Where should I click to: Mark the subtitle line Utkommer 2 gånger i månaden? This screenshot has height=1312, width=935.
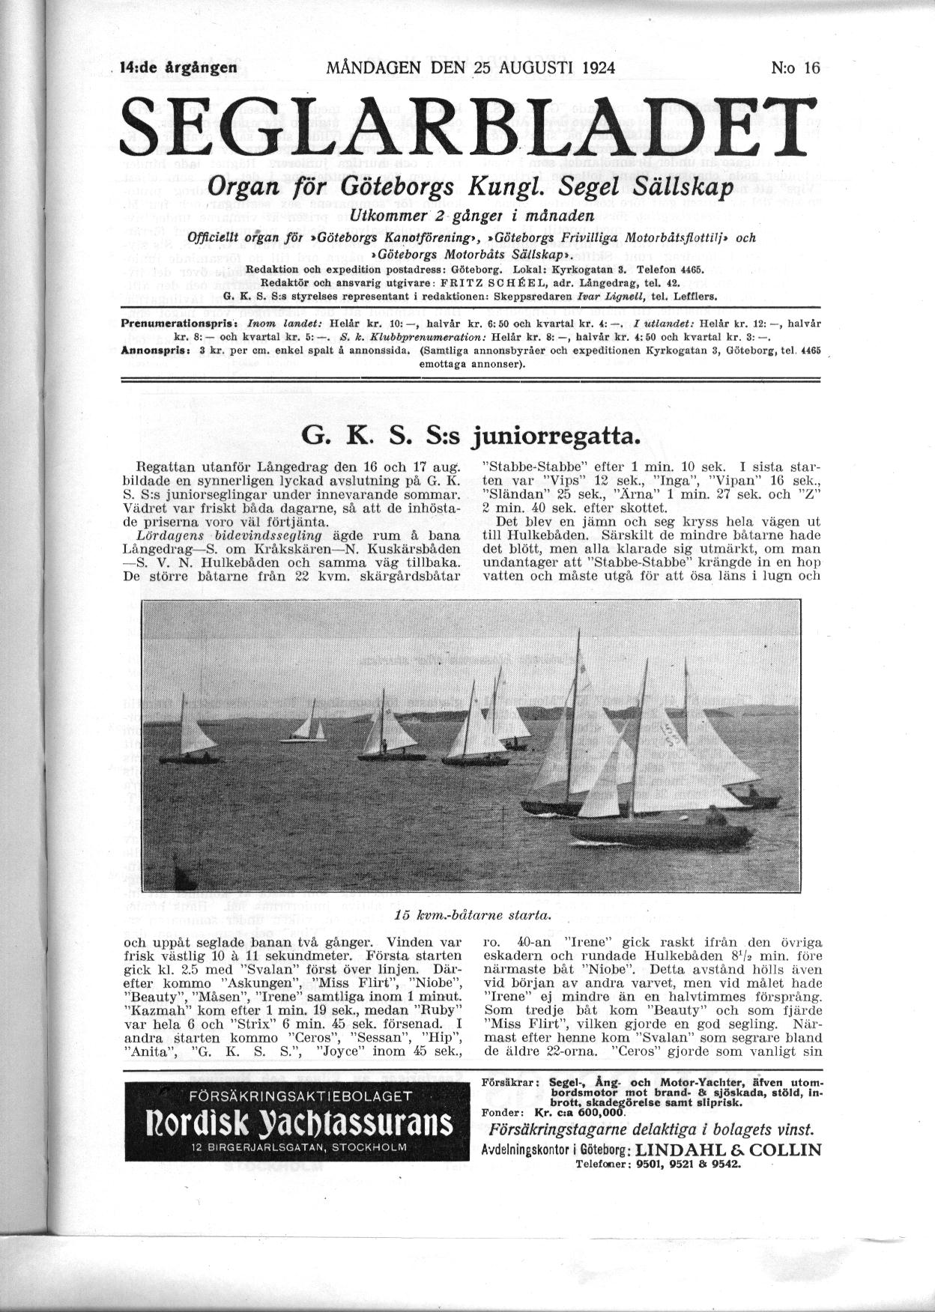pyautogui.click(x=477, y=215)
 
